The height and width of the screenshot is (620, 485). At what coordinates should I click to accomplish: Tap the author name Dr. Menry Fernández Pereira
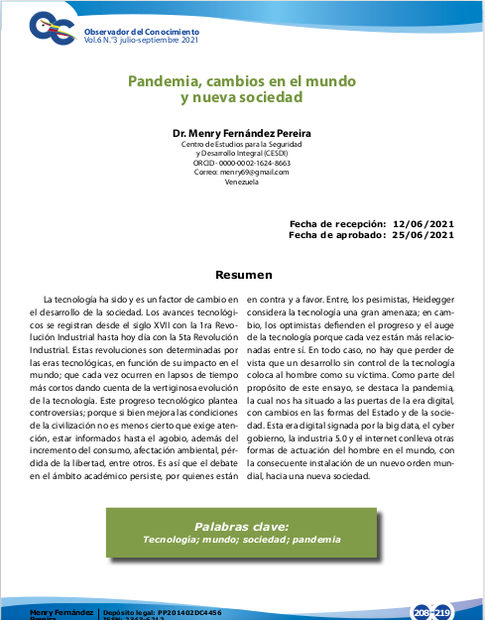(x=242, y=134)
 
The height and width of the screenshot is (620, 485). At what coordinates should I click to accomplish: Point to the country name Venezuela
(x=242, y=182)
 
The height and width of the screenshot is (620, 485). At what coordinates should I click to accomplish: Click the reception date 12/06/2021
(x=424, y=225)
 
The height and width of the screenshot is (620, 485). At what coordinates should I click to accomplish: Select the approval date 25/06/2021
(x=424, y=235)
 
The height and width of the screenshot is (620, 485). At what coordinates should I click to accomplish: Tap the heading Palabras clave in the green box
(x=242, y=526)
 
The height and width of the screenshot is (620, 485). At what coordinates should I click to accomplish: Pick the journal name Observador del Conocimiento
(x=142, y=32)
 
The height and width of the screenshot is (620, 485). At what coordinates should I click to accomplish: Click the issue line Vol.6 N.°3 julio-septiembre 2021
(x=141, y=41)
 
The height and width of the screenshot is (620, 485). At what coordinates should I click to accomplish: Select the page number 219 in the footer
(x=442, y=611)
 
